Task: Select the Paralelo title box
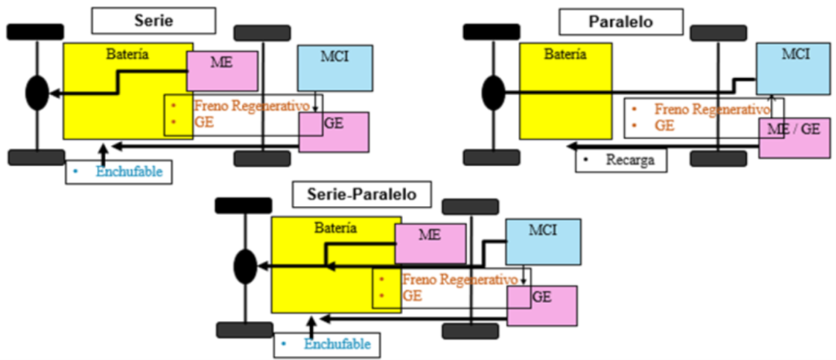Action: (619, 20)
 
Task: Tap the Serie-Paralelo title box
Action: (362, 194)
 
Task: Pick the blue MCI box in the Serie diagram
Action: (335, 68)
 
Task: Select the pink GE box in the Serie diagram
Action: (334, 131)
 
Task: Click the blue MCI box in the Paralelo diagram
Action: (794, 68)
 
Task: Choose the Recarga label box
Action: (621, 160)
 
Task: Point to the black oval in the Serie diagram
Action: (37, 93)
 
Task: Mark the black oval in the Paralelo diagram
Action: (492, 92)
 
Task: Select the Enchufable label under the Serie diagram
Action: (119, 171)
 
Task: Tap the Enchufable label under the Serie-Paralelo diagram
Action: (327, 345)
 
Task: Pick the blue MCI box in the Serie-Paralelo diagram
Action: (544, 241)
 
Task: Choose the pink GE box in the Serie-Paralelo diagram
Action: (542, 305)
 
